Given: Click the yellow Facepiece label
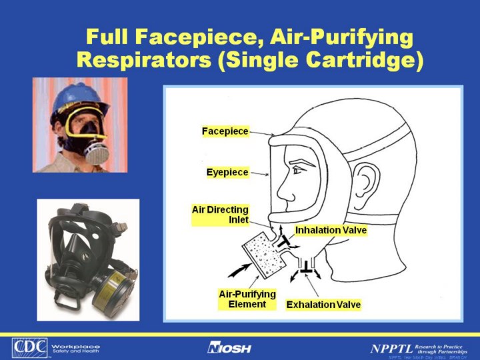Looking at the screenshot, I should pos(225,131).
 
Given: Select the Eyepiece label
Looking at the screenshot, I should pos(227,173).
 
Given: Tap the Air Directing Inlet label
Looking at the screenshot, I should pos(220,215).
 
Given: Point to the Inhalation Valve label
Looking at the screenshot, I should pos(331,231).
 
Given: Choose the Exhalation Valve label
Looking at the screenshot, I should pos(323,305).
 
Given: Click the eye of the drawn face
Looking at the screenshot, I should pos(296,171).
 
